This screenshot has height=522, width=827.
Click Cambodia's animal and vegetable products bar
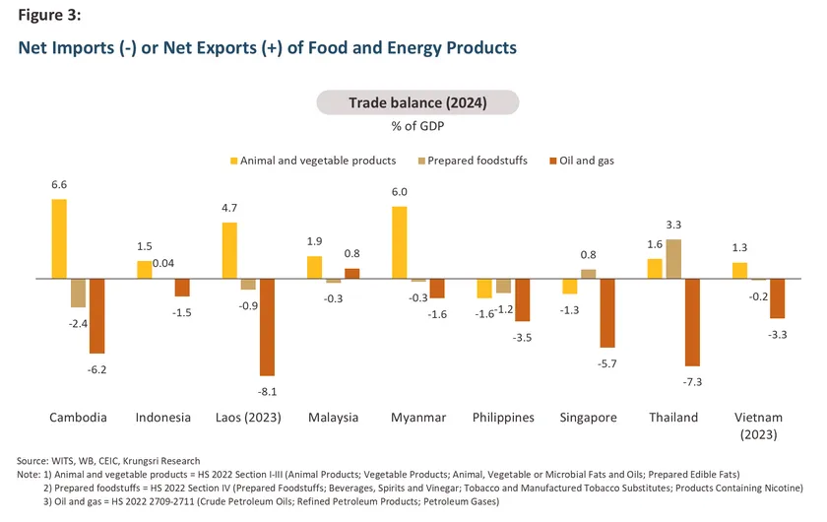(x=59, y=239)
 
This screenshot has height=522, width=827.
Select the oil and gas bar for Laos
(x=267, y=327)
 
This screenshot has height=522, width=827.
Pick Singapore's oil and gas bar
(x=607, y=313)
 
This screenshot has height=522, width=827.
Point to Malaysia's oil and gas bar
(x=351, y=274)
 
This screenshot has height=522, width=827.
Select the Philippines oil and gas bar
(x=522, y=300)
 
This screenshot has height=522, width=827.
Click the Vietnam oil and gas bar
(x=778, y=298)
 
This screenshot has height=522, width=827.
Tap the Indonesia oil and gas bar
(x=182, y=288)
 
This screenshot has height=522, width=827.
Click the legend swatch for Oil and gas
(x=553, y=161)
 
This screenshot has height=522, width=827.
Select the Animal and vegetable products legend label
(x=318, y=161)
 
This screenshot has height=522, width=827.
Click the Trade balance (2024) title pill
(x=416, y=102)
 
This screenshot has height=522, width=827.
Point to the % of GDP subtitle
(x=416, y=125)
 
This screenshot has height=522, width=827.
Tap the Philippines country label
(x=503, y=417)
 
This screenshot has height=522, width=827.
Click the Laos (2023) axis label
(x=248, y=417)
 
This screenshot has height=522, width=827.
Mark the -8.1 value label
(x=267, y=390)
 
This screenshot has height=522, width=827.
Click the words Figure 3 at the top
(x=49, y=16)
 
